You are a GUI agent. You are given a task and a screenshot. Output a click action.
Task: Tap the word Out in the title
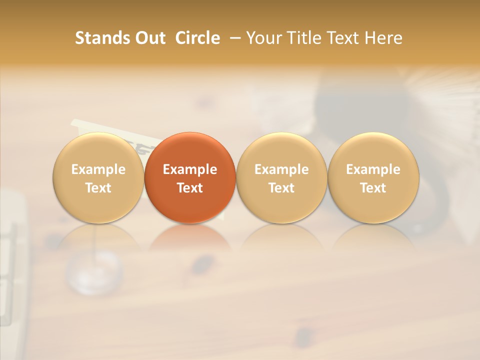point(149,38)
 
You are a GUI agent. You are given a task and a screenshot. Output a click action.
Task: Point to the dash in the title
point(232,38)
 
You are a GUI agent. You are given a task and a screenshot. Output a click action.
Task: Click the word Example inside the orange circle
point(190,169)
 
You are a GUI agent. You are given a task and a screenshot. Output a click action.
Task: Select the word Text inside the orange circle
point(190,188)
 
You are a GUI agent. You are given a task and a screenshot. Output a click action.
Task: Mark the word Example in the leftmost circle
point(98,169)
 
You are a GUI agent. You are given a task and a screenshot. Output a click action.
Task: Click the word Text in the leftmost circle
point(98,188)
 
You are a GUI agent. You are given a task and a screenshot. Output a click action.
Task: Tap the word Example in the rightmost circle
point(373,169)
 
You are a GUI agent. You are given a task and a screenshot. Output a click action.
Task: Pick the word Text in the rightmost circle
point(373,188)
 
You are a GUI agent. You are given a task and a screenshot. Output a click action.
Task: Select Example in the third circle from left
point(281,169)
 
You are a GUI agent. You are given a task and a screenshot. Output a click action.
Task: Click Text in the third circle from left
point(281,188)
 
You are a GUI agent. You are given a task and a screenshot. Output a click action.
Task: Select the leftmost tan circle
point(98,150)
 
